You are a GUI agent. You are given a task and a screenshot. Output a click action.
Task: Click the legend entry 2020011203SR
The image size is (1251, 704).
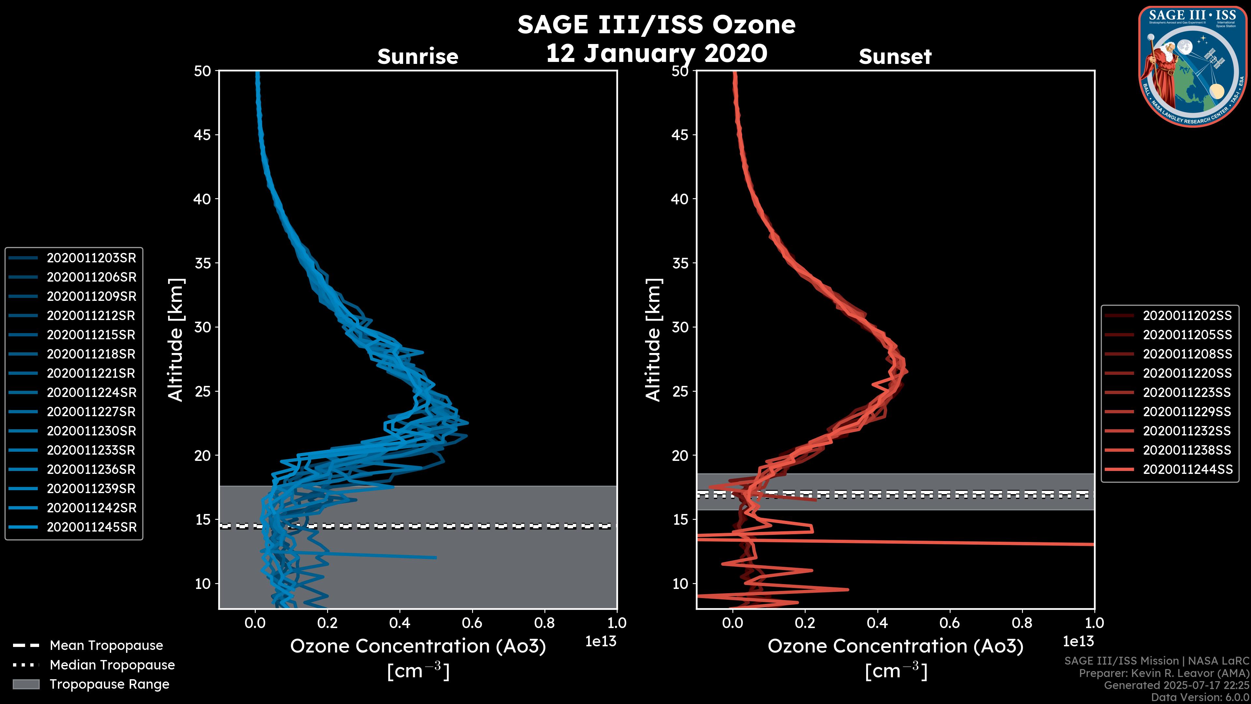coord(91,258)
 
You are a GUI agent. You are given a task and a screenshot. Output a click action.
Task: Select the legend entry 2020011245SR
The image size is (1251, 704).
coord(91,527)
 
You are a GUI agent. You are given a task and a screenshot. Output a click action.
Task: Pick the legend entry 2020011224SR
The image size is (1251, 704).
coord(91,392)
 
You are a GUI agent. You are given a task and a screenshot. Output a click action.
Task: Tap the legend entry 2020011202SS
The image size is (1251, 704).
coord(1187,316)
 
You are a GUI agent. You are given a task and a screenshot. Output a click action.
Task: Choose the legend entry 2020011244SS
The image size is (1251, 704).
coord(1187,469)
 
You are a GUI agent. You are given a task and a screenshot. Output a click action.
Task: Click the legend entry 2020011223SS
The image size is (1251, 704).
coord(1187,392)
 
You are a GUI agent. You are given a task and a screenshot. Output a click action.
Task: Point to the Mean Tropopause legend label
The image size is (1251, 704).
coord(106,646)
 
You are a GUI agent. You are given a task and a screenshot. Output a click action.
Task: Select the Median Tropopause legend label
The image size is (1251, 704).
coord(112,665)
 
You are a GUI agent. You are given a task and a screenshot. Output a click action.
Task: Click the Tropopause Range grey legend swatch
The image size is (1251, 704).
coord(26,684)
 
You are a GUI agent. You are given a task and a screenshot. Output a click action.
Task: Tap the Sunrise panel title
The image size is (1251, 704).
coord(418,57)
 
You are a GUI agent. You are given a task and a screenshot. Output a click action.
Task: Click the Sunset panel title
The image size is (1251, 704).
coord(895,57)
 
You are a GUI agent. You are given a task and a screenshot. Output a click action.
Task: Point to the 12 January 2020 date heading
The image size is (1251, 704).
coord(656,53)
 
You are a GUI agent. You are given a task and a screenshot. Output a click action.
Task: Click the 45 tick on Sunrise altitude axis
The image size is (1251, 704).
coord(203,135)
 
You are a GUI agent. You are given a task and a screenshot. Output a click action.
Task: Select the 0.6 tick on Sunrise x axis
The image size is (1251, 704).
coord(472,623)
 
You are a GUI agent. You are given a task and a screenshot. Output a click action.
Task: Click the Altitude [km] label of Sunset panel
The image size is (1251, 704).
coord(654,340)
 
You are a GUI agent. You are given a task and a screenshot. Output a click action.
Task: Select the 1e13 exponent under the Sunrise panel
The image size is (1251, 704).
coord(601,641)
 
